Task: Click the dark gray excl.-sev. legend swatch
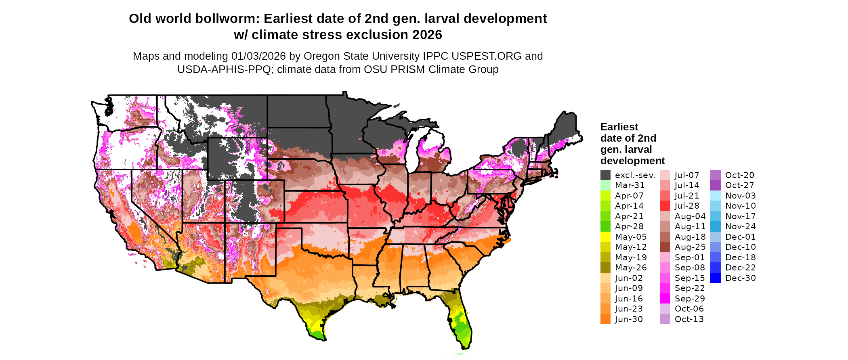605,175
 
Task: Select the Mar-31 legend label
630,185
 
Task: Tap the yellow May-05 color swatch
605,237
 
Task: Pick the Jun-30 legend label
629,319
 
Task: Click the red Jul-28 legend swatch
665,206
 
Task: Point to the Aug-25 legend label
690,247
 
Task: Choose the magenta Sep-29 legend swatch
665,299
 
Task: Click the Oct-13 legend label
689,319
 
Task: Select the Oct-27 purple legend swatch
715,185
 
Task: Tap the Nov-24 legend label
740,226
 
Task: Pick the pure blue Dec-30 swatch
715,278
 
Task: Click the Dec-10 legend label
740,247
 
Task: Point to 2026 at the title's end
427,35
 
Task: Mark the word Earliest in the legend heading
619,127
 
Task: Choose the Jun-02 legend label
629,278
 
